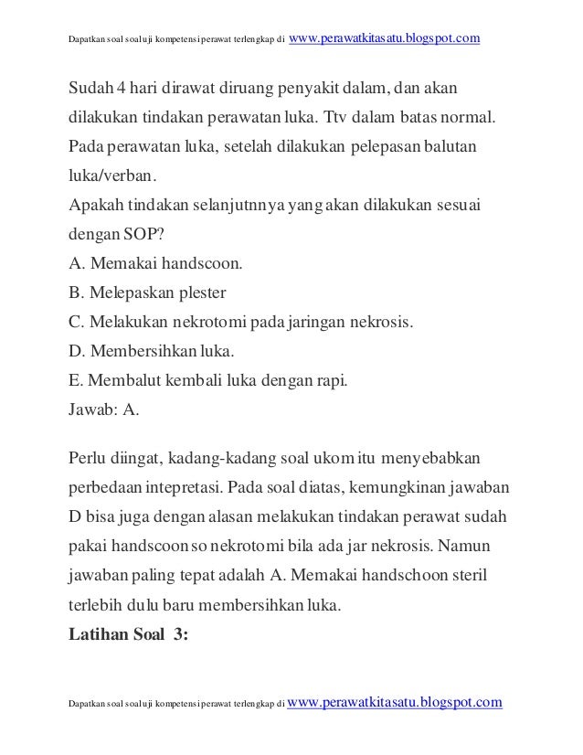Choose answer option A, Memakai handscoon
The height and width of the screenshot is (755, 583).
click(x=155, y=264)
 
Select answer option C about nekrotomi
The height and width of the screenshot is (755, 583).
click(x=241, y=323)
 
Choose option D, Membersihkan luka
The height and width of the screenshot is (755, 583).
click(x=152, y=352)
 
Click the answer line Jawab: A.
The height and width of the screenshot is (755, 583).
click(x=104, y=410)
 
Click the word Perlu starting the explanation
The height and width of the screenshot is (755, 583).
click(x=89, y=456)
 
